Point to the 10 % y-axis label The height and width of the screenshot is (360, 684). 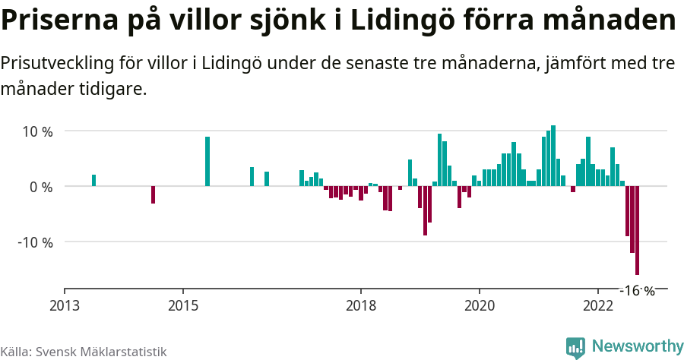37,131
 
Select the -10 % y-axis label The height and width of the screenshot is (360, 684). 36,242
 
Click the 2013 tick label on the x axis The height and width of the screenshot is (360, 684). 65,305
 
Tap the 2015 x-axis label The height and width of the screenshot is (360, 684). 182,305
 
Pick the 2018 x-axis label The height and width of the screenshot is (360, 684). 360,305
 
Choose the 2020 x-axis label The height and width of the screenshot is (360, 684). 479,305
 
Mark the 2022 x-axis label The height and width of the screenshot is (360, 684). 597,305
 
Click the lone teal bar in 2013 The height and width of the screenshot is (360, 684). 93,181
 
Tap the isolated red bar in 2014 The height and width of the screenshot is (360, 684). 153,194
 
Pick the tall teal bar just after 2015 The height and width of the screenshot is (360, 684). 207,162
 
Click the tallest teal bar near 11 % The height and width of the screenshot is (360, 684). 553,156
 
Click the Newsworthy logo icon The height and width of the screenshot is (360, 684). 575,347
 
